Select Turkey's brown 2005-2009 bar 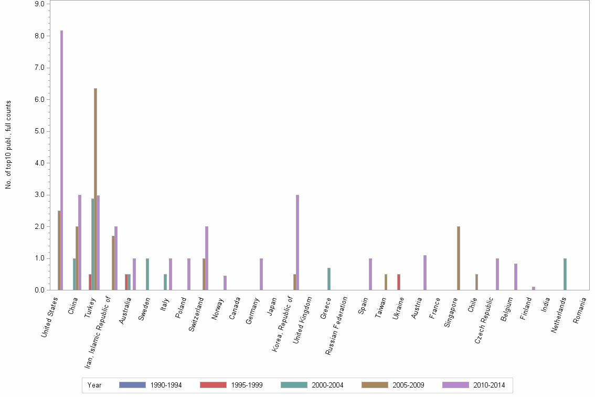(95, 189)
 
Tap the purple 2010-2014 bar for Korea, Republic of (297, 242)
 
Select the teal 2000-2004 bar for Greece (329, 279)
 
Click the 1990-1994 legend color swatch (132, 385)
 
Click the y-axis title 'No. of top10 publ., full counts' (8, 144)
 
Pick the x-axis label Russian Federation (337, 326)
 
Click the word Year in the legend (94, 385)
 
